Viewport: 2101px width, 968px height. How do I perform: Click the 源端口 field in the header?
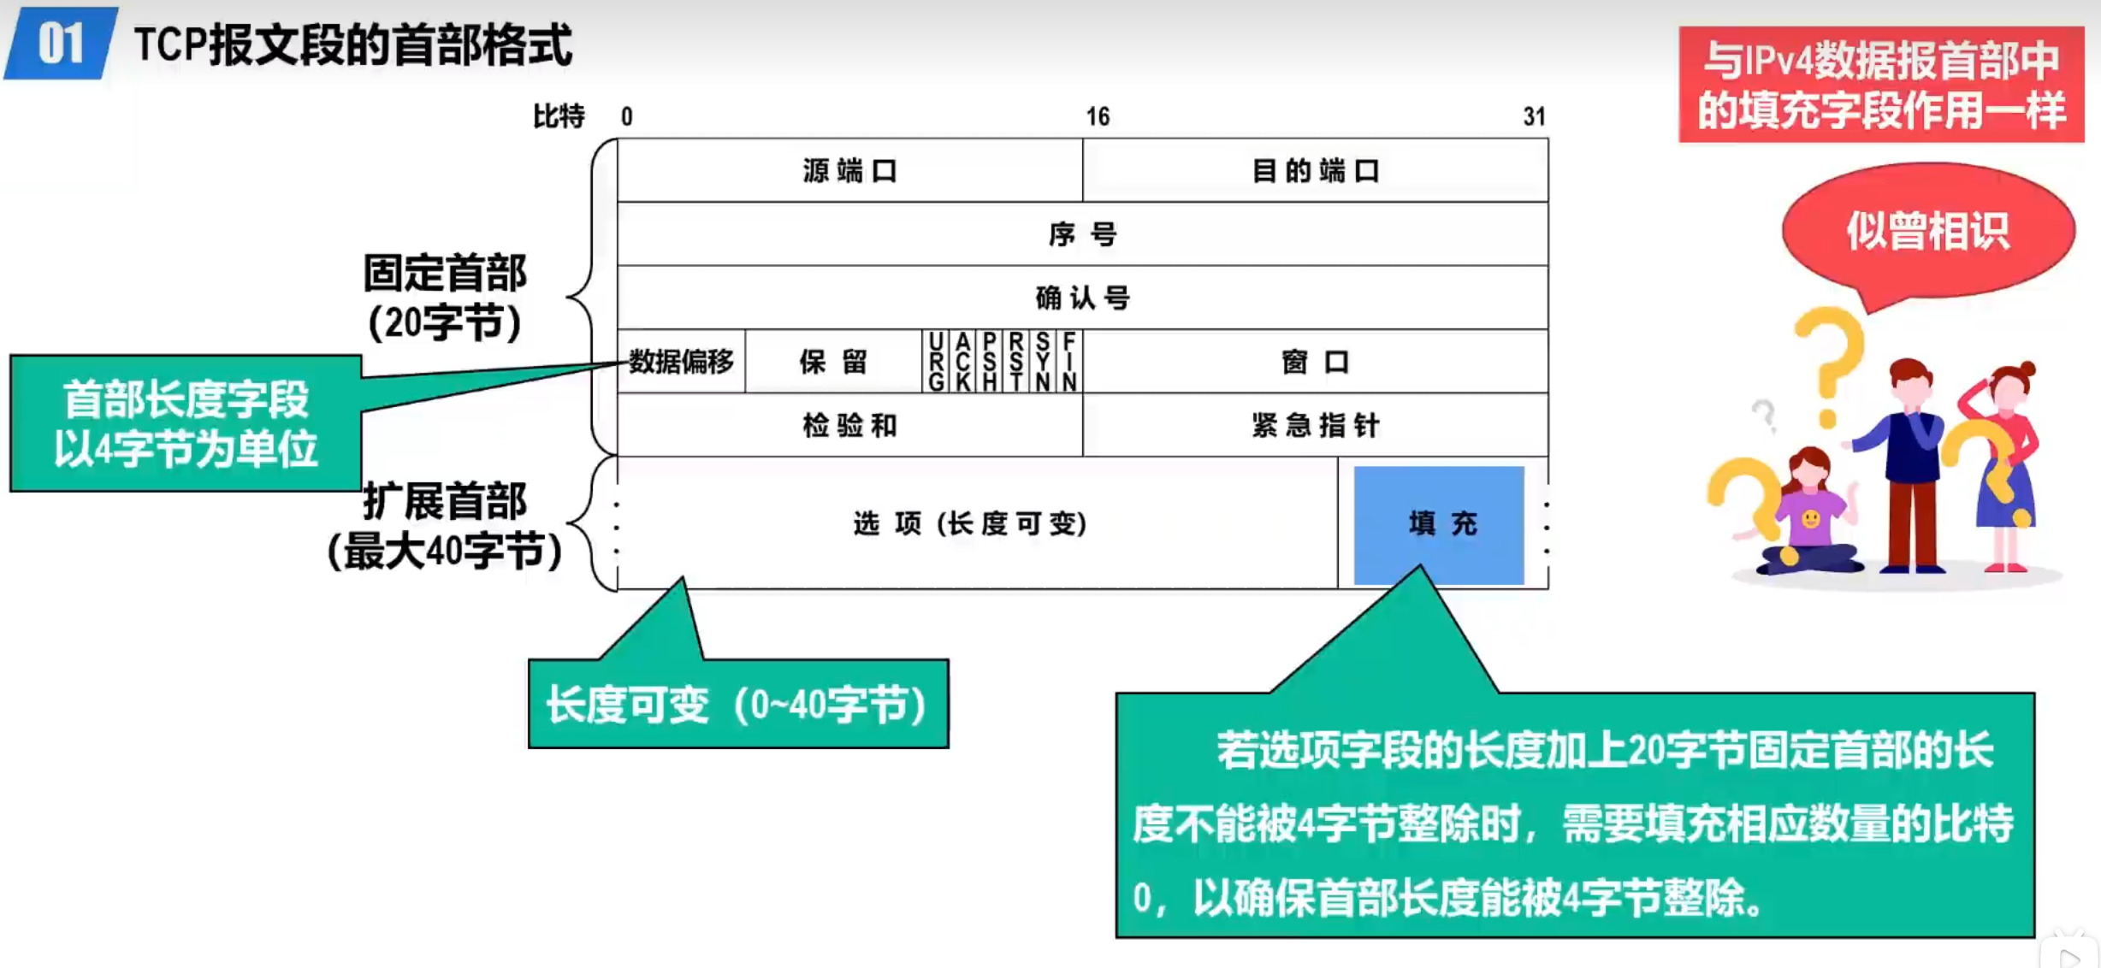click(849, 171)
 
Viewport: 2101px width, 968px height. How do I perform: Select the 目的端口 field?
click(1315, 171)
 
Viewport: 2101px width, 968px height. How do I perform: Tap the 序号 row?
click(1082, 234)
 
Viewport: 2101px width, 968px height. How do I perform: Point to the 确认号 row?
click(1082, 298)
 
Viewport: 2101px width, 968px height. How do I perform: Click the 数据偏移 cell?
click(681, 362)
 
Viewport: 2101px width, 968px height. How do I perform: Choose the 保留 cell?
click(833, 362)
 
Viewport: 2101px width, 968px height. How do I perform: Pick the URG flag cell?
click(936, 362)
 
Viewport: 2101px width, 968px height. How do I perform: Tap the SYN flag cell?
click(1043, 362)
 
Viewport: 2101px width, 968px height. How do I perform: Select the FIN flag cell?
click(1069, 362)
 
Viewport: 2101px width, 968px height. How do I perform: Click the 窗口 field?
click(1315, 362)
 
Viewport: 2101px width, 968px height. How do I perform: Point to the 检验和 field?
click(849, 425)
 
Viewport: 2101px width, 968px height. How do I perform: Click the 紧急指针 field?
click(1315, 425)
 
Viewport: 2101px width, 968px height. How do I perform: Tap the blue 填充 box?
click(1439, 524)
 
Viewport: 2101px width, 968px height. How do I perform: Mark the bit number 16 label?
click(1098, 116)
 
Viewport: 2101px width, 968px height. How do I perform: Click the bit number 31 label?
click(1535, 116)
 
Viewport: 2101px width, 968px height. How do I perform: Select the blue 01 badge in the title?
click(60, 44)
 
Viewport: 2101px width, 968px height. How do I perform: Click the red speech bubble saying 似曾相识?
click(1927, 231)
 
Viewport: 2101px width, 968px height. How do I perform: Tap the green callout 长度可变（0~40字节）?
click(737, 705)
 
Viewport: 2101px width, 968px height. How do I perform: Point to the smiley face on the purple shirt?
click(1810, 518)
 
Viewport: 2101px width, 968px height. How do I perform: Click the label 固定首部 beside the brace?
click(445, 274)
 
